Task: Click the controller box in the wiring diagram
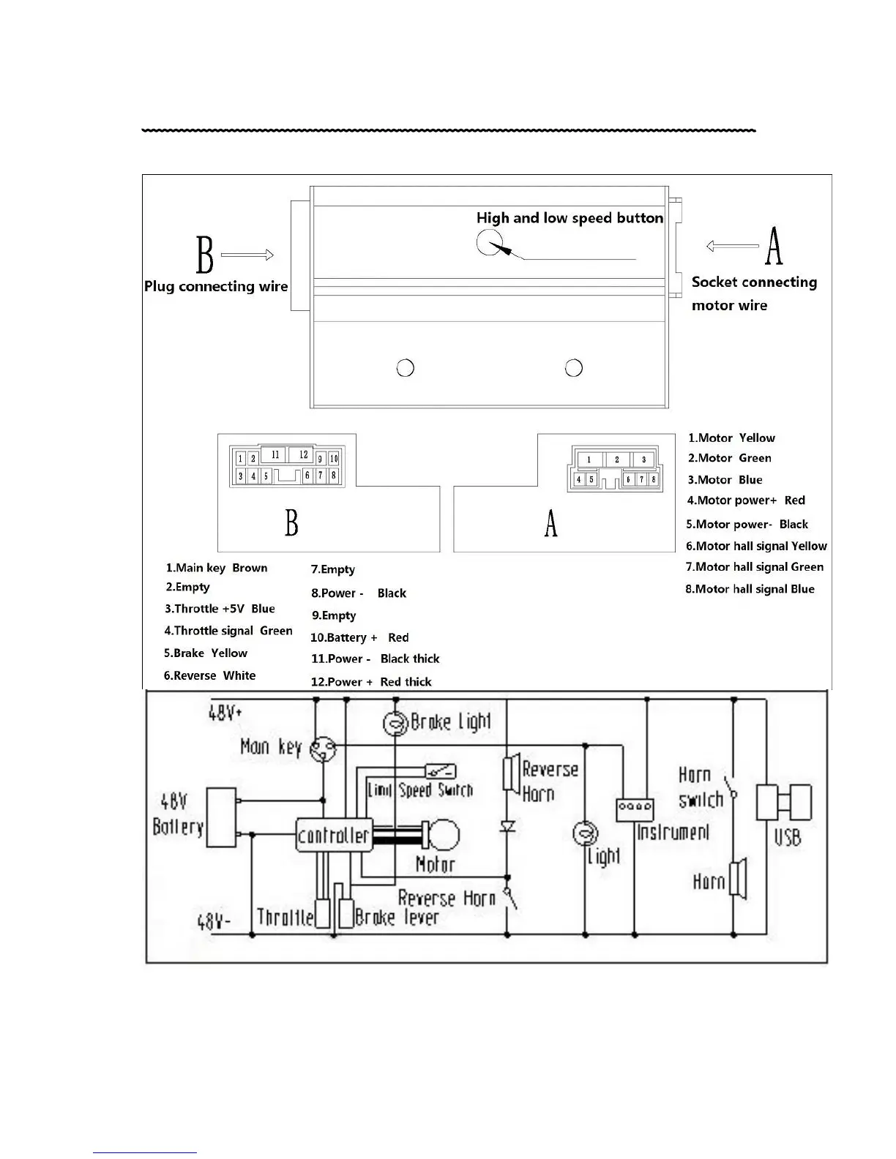(x=334, y=835)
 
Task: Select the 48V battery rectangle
(x=221, y=817)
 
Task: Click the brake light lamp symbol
(x=395, y=724)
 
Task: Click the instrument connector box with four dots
(x=635, y=809)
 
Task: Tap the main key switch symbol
(x=323, y=749)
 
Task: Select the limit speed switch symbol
(x=441, y=771)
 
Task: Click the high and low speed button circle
(x=489, y=242)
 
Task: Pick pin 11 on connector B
(x=275, y=454)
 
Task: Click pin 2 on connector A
(x=616, y=460)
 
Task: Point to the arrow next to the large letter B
(x=247, y=255)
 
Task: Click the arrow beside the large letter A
(x=731, y=247)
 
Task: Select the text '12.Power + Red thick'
(x=371, y=682)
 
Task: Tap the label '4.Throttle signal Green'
(x=228, y=631)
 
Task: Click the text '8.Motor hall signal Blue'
(x=750, y=589)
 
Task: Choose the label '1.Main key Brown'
(x=217, y=568)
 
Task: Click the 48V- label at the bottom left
(x=214, y=922)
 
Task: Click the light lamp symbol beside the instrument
(x=585, y=833)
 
